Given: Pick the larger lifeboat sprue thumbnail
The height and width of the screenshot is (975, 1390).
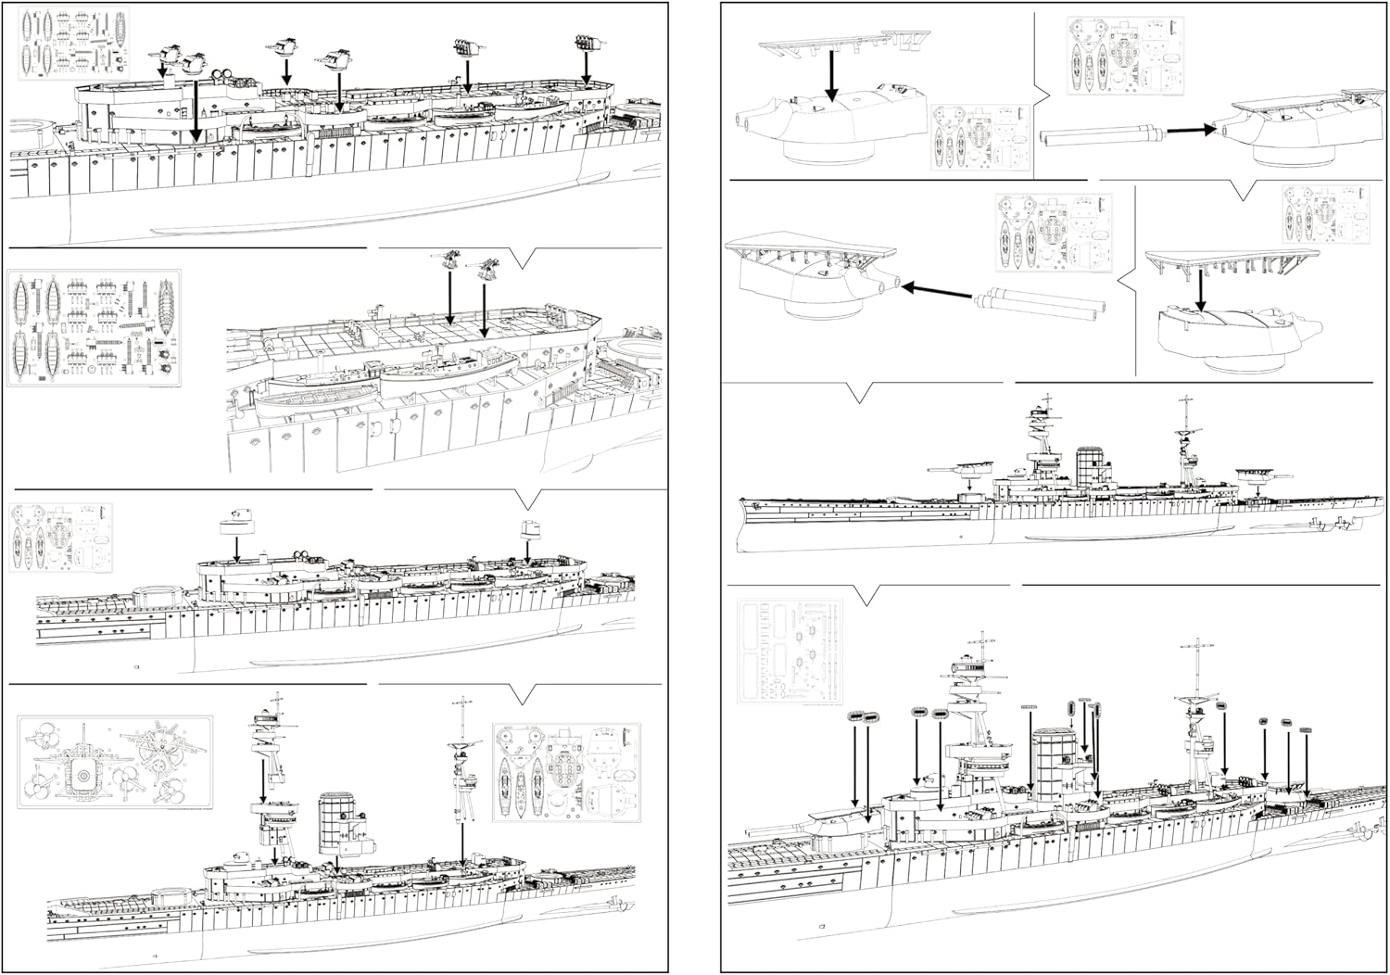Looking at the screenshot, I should [94, 329].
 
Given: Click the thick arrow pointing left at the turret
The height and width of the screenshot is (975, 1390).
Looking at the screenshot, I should [936, 288].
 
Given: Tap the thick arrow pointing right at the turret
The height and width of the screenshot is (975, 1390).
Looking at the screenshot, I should [1190, 131].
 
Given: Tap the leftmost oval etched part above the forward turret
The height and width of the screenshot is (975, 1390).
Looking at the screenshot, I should [853, 716].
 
